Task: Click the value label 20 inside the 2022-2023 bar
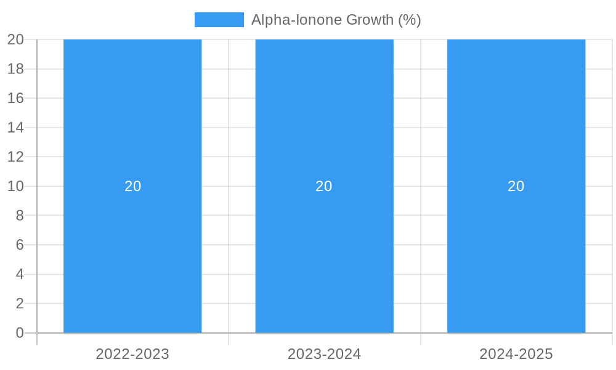coord(133,186)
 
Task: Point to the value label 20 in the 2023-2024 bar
coord(324,186)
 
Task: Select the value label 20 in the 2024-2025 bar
coord(516,186)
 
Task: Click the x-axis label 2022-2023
coord(132,354)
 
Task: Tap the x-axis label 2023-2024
coord(324,354)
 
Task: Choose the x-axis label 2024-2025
coord(516,354)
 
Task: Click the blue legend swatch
coord(219,20)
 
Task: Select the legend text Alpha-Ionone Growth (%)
coord(336,20)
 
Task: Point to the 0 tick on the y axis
coord(19,333)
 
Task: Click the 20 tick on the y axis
coord(15,39)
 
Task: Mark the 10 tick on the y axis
coord(15,186)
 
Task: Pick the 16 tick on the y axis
coord(15,98)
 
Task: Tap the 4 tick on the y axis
coord(19,274)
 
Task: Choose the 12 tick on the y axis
coord(15,157)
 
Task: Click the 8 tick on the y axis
coord(19,215)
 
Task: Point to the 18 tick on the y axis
coord(15,69)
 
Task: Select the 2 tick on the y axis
coord(19,303)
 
